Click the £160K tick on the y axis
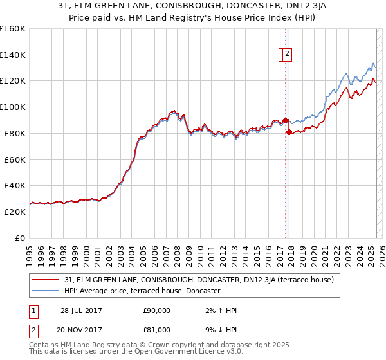point(13,29)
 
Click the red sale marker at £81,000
point(289,132)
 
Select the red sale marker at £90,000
point(285,120)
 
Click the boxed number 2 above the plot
point(288,55)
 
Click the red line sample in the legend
point(46,280)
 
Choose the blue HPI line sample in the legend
point(46,291)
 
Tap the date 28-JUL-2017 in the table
point(81,310)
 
